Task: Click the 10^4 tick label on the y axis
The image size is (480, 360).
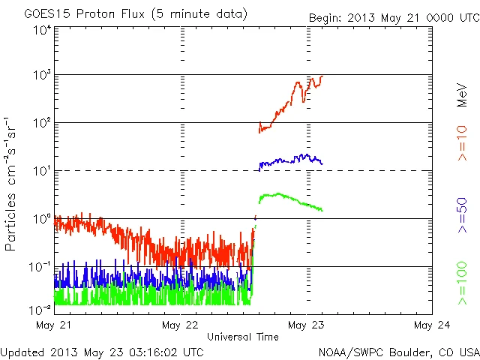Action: click(x=41, y=30)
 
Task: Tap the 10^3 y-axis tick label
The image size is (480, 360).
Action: click(x=41, y=75)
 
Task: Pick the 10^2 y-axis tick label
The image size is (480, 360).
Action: click(x=41, y=123)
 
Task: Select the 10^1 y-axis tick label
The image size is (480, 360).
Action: click(x=41, y=171)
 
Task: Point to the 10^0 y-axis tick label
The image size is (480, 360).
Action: click(x=41, y=219)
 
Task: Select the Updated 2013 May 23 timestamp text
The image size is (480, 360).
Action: click(x=102, y=351)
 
